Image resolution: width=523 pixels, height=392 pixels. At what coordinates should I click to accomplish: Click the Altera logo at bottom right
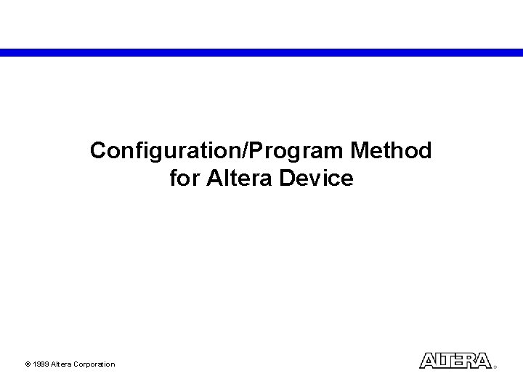coord(455,361)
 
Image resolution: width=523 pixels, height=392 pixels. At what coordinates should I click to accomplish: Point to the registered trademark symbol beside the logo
coord(495,367)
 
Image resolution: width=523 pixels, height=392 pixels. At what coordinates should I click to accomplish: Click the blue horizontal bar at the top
coord(261,52)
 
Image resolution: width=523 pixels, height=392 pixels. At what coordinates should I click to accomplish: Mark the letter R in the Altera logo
coord(471,361)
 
